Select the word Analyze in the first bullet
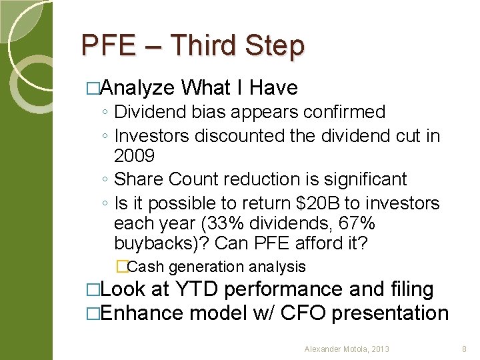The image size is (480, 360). tap(139, 87)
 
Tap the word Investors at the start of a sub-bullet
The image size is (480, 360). tap(152, 136)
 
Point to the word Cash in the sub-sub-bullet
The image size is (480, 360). tap(147, 267)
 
